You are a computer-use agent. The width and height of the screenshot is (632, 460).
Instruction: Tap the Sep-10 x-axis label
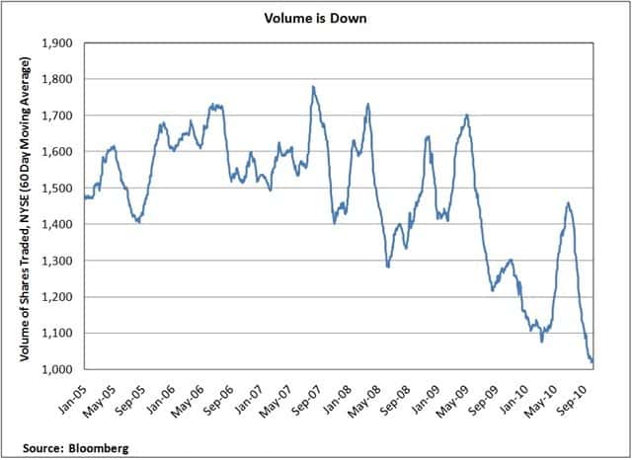[569, 392]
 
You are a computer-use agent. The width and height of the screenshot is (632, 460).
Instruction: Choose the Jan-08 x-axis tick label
[337, 392]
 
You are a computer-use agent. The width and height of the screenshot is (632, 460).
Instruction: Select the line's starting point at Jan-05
[85, 197]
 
